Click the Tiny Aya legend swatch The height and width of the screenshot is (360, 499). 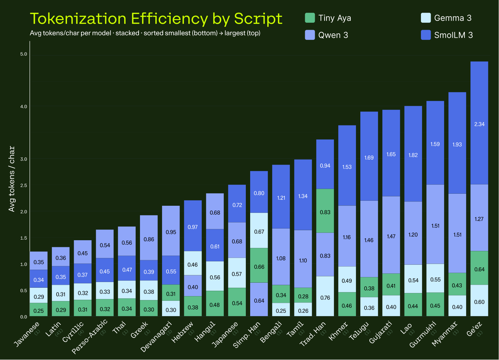coord(310,18)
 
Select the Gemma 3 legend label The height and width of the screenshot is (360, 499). coord(452,18)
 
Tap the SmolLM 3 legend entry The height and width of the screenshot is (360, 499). coord(447,35)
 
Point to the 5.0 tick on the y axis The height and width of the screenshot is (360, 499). coord(23,54)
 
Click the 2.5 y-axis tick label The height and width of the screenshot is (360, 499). coord(23,185)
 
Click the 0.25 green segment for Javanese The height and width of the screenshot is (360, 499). coord(39,310)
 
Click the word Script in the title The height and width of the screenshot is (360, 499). coord(258,19)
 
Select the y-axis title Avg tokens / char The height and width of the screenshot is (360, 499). coord(12,179)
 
